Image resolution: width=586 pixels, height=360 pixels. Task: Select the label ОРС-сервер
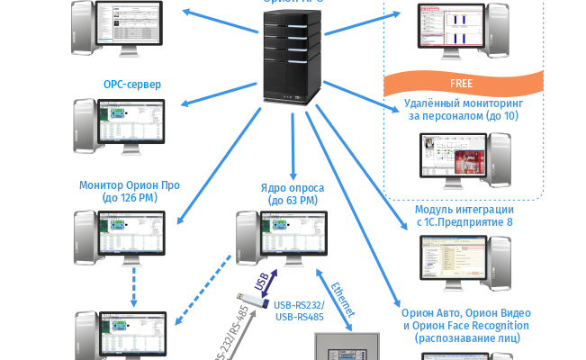pyautogui.click(x=132, y=85)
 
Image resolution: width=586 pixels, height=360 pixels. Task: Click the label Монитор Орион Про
pyautogui.click(x=130, y=185)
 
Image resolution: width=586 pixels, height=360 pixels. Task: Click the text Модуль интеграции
pyautogui.click(x=464, y=210)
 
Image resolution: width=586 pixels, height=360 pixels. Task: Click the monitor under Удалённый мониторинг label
pyautogui.click(x=460, y=156)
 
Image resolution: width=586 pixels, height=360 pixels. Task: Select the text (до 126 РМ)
pyautogui.click(x=130, y=198)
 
